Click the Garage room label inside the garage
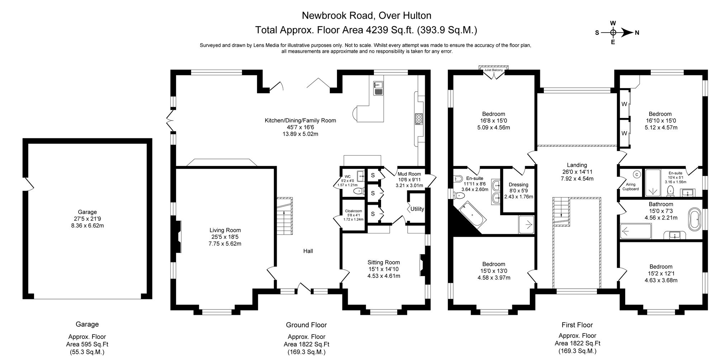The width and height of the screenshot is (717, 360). (x=87, y=212)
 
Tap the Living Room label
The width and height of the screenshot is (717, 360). (x=225, y=230)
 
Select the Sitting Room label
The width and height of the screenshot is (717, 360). (x=383, y=262)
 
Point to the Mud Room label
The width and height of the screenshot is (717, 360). (x=409, y=174)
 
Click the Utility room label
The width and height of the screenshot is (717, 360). (x=417, y=209)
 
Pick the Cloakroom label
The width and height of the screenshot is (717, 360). (x=353, y=211)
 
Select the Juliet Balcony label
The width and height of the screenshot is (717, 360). (x=493, y=70)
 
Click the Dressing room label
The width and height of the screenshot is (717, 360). (x=518, y=185)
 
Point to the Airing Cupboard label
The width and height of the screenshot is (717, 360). (x=630, y=186)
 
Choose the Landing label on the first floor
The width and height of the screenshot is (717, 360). (x=577, y=165)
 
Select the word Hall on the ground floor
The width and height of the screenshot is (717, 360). (x=308, y=251)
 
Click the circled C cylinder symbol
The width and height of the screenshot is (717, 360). (x=637, y=174)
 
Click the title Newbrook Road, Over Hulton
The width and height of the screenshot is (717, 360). (x=366, y=15)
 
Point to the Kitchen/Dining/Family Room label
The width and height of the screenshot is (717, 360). (x=300, y=120)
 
